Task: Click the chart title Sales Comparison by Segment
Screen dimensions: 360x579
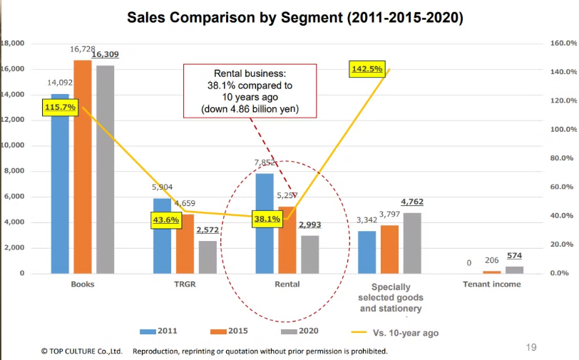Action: (x=295, y=18)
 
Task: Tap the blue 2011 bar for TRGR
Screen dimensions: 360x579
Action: (x=162, y=235)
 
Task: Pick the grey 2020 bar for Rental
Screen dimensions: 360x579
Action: (x=309, y=254)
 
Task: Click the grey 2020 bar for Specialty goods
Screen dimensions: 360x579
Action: (x=411, y=242)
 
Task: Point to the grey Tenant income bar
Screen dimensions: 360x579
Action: (x=514, y=269)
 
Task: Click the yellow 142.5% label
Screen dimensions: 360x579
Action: (x=367, y=69)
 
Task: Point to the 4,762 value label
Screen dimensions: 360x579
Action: (x=412, y=202)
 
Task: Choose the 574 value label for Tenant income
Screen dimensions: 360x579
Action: (x=515, y=255)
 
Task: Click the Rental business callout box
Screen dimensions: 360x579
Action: (x=250, y=91)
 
